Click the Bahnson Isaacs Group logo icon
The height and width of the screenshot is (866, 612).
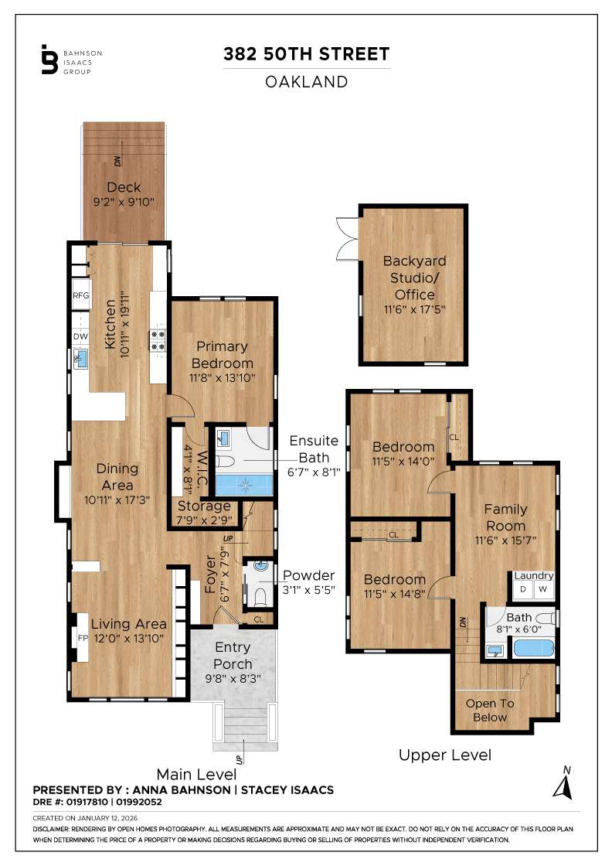[x=49, y=60]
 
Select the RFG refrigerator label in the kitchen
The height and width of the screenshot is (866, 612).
[x=81, y=295]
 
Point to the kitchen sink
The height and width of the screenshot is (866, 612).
[x=80, y=358]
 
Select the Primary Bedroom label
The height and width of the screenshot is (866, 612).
[x=222, y=355]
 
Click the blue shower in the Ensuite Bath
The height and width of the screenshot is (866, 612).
[x=244, y=485]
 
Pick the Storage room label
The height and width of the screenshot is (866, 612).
[x=205, y=506]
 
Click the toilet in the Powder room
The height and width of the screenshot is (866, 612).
[x=260, y=595]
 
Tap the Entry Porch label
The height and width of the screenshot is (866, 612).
[x=233, y=656]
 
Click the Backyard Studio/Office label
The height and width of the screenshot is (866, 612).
[x=414, y=278]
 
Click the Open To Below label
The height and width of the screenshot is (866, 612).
[x=489, y=710]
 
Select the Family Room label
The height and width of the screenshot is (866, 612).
[x=505, y=517]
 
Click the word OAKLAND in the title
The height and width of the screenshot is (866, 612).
[x=307, y=82]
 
